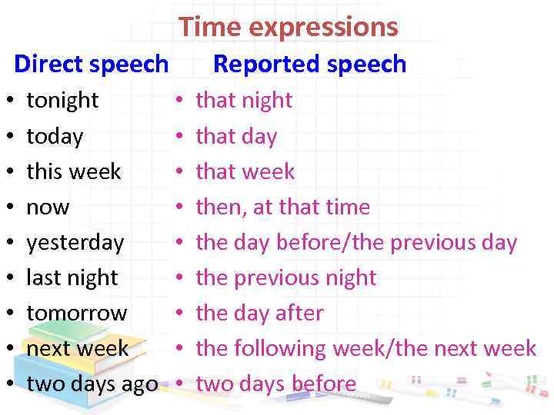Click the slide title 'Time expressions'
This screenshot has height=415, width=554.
pyautogui.click(x=289, y=28)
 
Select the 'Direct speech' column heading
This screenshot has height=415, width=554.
pyautogui.click(x=91, y=64)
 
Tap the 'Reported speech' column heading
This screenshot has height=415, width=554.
pyautogui.click(x=309, y=64)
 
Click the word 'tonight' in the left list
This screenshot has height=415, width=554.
pyautogui.click(x=62, y=101)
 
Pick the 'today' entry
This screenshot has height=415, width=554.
pyautogui.click(x=55, y=137)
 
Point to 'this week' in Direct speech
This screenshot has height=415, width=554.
pyautogui.click(x=74, y=171)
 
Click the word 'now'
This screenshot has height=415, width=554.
pyautogui.click(x=48, y=207)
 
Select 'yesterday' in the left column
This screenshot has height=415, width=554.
pyautogui.click(x=75, y=243)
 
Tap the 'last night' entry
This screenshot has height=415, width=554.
pyautogui.click(x=72, y=277)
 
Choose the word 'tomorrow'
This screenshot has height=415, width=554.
pyautogui.click(x=77, y=314)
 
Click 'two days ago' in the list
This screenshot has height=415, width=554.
pyautogui.click(x=92, y=383)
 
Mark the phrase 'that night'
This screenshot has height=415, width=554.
pyautogui.click(x=244, y=101)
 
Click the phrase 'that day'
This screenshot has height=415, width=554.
pyautogui.click(x=236, y=137)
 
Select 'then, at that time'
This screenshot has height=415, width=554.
pyautogui.click(x=282, y=207)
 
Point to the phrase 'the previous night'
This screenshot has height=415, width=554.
pyautogui.click(x=285, y=277)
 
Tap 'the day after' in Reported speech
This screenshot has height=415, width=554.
pyautogui.click(x=259, y=314)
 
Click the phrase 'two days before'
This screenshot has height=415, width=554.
pyautogui.click(x=275, y=383)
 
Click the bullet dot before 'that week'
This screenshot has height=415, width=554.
pyautogui.click(x=178, y=172)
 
